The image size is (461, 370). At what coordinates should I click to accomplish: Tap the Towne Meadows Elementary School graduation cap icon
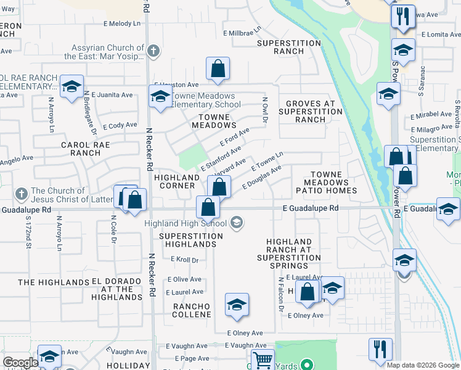pyautogui.click(x=160, y=97)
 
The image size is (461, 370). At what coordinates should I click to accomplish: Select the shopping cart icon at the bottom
pyautogui.click(x=263, y=358)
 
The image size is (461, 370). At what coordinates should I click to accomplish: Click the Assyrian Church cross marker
pyautogui.click(x=154, y=51)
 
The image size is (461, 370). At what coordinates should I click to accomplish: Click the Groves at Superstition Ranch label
pyautogui.click(x=310, y=112)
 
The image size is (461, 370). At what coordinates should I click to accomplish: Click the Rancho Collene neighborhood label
pyautogui.click(x=192, y=310)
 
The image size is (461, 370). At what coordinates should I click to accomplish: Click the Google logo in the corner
pyautogui.click(x=20, y=363)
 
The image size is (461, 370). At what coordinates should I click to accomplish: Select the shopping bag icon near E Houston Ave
pyautogui.click(x=218, y=69)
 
